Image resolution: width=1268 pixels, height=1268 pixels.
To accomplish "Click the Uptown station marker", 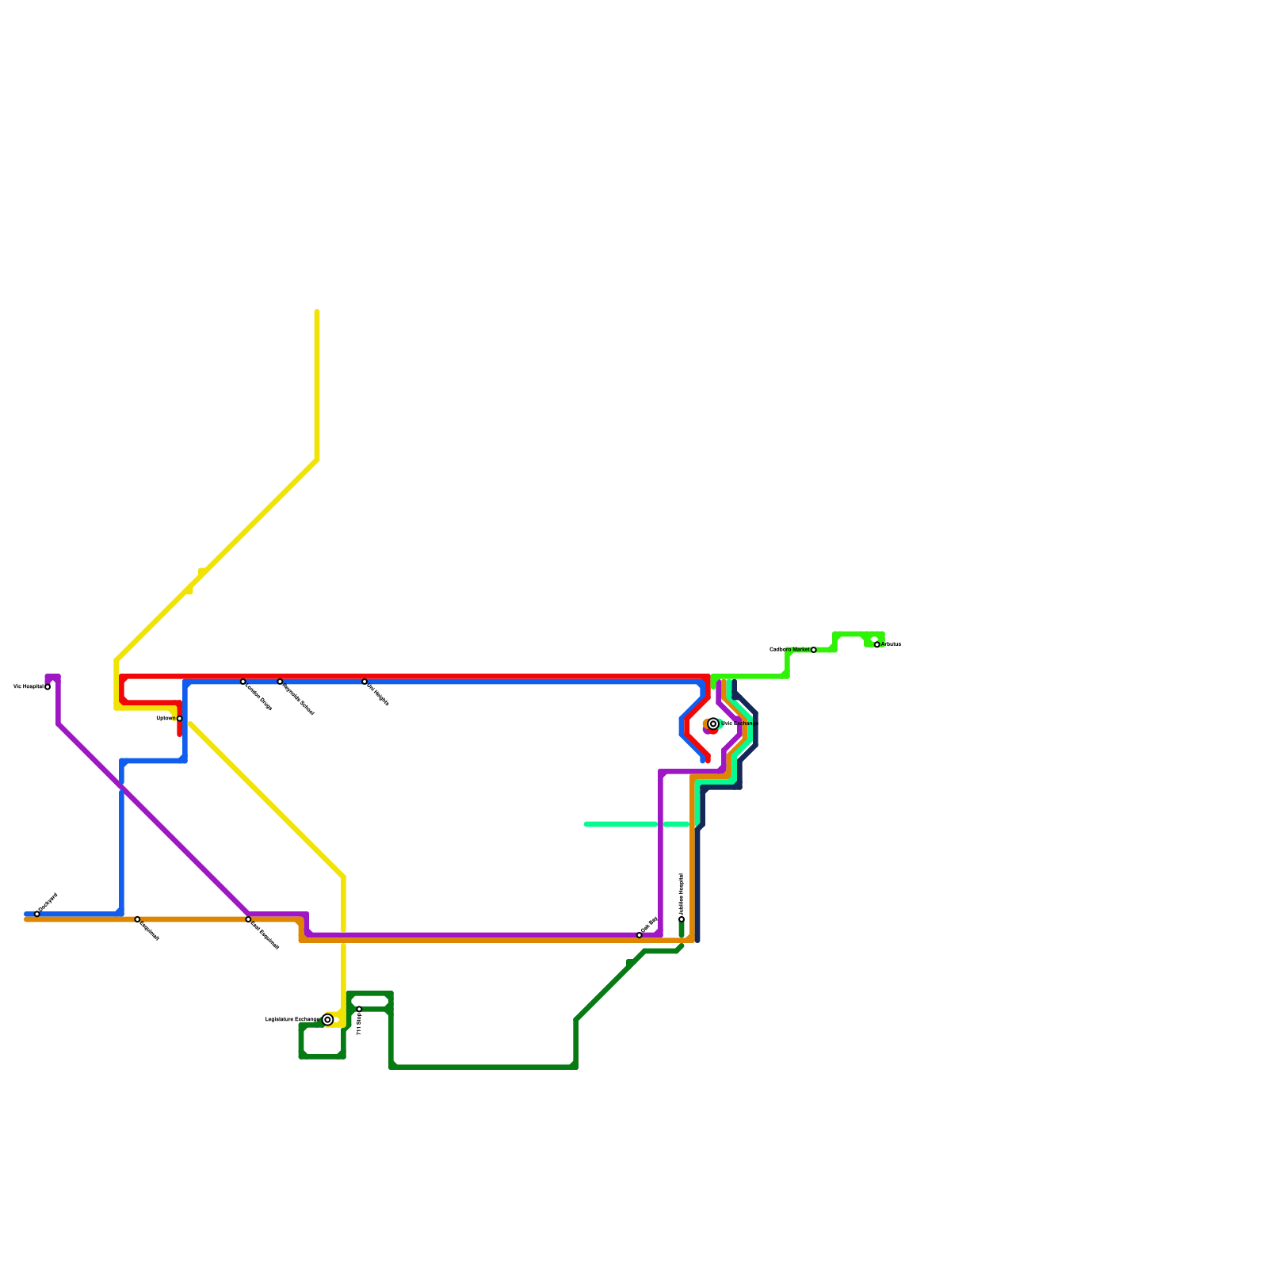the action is click(180, 719).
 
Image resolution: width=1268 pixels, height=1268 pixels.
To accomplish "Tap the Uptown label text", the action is click(165, 719).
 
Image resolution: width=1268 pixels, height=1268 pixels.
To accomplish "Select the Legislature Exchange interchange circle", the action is click(327, 1020).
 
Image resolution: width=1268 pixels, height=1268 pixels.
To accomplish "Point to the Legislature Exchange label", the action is click(292, 1020).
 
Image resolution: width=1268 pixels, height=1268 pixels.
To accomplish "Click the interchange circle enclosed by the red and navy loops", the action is click(713, 724).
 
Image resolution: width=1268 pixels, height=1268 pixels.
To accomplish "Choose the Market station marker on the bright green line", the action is click(814, 650).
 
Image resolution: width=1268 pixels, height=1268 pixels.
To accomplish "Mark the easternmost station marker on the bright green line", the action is click(877, 644).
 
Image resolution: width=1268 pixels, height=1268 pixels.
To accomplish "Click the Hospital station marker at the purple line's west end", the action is click(48, 687).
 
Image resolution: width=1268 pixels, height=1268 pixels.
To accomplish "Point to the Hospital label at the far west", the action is click(29, 687).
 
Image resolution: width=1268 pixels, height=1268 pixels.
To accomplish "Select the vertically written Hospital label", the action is click(682, 894).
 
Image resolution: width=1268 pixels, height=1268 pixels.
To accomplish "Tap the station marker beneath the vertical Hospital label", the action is click(682, 919).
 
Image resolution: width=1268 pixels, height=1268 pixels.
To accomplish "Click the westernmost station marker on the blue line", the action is click(37, 914).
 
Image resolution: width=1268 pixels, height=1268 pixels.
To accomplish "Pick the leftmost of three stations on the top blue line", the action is click(243, 682).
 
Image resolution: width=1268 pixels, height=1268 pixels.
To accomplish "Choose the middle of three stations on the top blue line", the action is click(280, 682).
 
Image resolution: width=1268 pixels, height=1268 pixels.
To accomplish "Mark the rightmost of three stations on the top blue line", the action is click(365, 682).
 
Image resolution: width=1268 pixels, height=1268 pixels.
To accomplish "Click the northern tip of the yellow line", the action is click(317, 312).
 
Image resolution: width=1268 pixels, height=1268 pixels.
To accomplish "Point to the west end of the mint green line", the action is click(586, 824).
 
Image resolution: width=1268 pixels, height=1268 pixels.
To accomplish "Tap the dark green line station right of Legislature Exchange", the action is click(359, 1009).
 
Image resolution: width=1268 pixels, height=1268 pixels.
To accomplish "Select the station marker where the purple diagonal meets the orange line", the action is click(248, 919).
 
